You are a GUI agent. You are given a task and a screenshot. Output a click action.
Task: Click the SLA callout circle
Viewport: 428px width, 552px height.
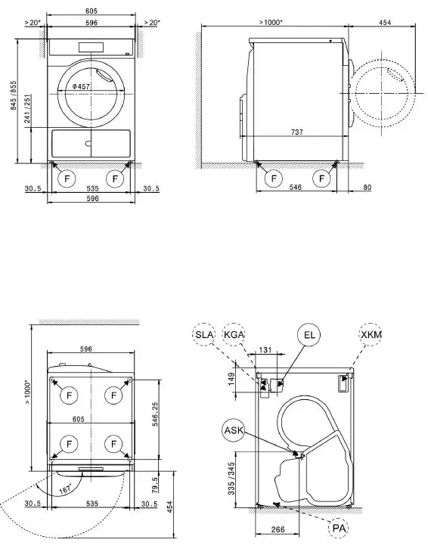click(x=204, y=333)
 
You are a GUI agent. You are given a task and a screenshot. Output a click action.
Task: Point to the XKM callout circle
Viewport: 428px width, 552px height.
click(x=371, y=333)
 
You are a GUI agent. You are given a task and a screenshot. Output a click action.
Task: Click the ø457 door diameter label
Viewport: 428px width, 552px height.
click(x=82, y=88)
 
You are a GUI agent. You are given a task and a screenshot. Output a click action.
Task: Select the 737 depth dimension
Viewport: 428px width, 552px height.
click(x=297, y=132)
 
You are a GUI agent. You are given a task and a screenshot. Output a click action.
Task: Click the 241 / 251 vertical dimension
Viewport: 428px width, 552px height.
click(x=26, y=110)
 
